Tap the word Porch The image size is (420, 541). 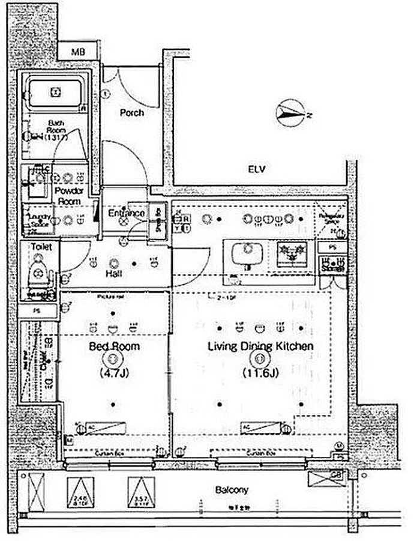tap(131, 112)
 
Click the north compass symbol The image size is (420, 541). tap(291, 113)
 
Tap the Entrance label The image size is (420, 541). tap(126, 213)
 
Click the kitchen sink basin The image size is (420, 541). tap(245, 254)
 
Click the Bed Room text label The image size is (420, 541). tap(114, 346)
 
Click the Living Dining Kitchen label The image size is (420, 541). tap(261, 346)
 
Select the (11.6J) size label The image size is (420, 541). tap(260, 373)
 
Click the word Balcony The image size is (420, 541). tap(232, 489)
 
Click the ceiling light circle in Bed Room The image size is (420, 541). tap(112, 360)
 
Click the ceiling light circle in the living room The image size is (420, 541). tap(259, 360)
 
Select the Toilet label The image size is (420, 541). tap(40, 247)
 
